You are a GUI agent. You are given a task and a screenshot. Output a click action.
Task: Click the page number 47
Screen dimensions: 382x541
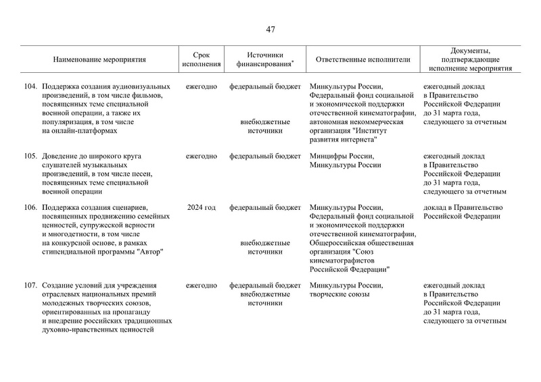(x=270, y=29)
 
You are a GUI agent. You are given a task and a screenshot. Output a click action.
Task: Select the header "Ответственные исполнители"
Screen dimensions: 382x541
(x=363, y=60)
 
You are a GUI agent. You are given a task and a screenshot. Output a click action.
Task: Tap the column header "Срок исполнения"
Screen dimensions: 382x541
(x=202, y=60)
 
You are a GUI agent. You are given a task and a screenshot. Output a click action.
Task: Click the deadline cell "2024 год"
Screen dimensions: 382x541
(x=202, y=208)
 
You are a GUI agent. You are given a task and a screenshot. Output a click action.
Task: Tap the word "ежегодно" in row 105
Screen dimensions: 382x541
(x=202, y=156)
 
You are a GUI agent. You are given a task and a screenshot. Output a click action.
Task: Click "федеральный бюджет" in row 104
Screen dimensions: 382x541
(x=265, y=86)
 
